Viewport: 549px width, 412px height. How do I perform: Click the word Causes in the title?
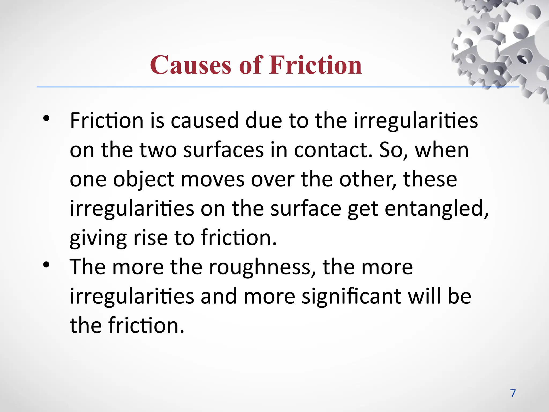pyautogui.click(x=190, y=65)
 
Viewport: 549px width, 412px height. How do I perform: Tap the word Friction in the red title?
pyautogui.click(x=316, y=65)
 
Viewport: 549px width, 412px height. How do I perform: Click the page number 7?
pyautogui.click(x=513, y=393)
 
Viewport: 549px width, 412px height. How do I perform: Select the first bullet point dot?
pyautogui.click(x=46, y=119)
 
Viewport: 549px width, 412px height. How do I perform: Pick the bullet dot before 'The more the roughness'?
pyautogui.click(x=46, y=265)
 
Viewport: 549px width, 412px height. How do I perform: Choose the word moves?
pyautogui.click(x=213, y=179)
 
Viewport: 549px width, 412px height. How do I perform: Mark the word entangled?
pyautogui.click(x=437, y=208)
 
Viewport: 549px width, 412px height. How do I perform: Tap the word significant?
pyautogui.click(x=351, y=297)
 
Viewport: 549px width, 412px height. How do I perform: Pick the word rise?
pyautogui.click(x=150, y=238)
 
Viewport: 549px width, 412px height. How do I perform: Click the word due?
pyautogui.click(x=264, y=120)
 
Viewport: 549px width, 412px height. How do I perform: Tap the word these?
pyautogui.click(x=430, y=179)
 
